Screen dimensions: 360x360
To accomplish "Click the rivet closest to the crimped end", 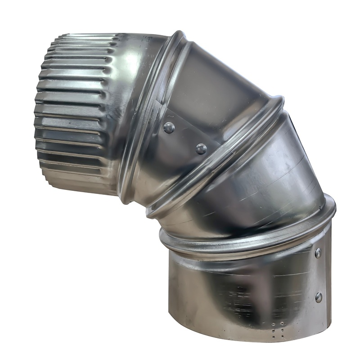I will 169,128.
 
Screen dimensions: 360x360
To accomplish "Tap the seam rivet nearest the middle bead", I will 201,148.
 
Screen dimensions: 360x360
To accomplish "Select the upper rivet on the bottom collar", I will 318,253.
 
